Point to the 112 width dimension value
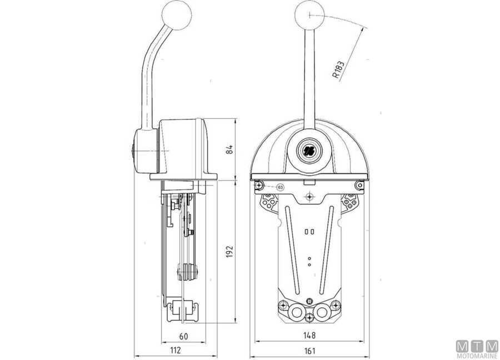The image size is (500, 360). point(176,351)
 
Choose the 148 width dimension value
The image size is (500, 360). point(310,336)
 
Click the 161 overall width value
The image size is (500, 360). point(310,351)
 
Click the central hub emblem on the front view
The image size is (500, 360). point(309,149)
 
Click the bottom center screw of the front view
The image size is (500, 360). point(309,318)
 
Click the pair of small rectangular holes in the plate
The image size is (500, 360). point(309,231)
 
